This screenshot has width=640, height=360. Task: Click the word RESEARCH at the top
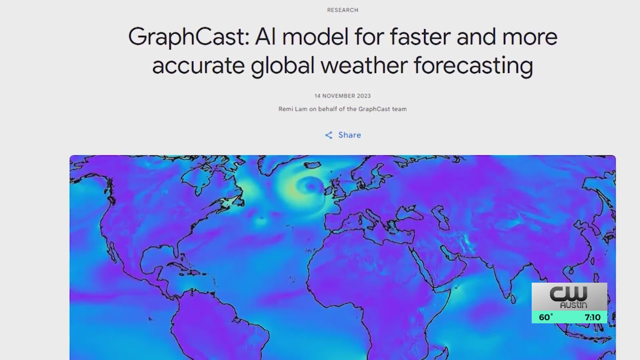[x=342, y=10]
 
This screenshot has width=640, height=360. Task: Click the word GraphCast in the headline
[x=189, y=37]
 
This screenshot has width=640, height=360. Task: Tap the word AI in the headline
[x=266, y=37]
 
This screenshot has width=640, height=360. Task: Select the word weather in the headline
[x=364, y=65]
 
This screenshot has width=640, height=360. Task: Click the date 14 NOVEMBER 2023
[x=342, y=96]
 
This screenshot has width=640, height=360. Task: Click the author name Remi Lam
[x=293, y=109]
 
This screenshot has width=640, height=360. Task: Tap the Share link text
[x=349, y=135]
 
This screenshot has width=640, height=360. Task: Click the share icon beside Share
[x=329, y=135]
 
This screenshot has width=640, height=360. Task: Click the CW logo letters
[x=568, y=294]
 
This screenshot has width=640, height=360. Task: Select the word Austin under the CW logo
[x=573, y=305]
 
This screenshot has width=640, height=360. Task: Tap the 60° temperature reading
[x=546, y=317]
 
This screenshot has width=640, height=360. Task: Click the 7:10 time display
[x=592, y=317]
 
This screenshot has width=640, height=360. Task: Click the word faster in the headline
[x=420, y=37]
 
